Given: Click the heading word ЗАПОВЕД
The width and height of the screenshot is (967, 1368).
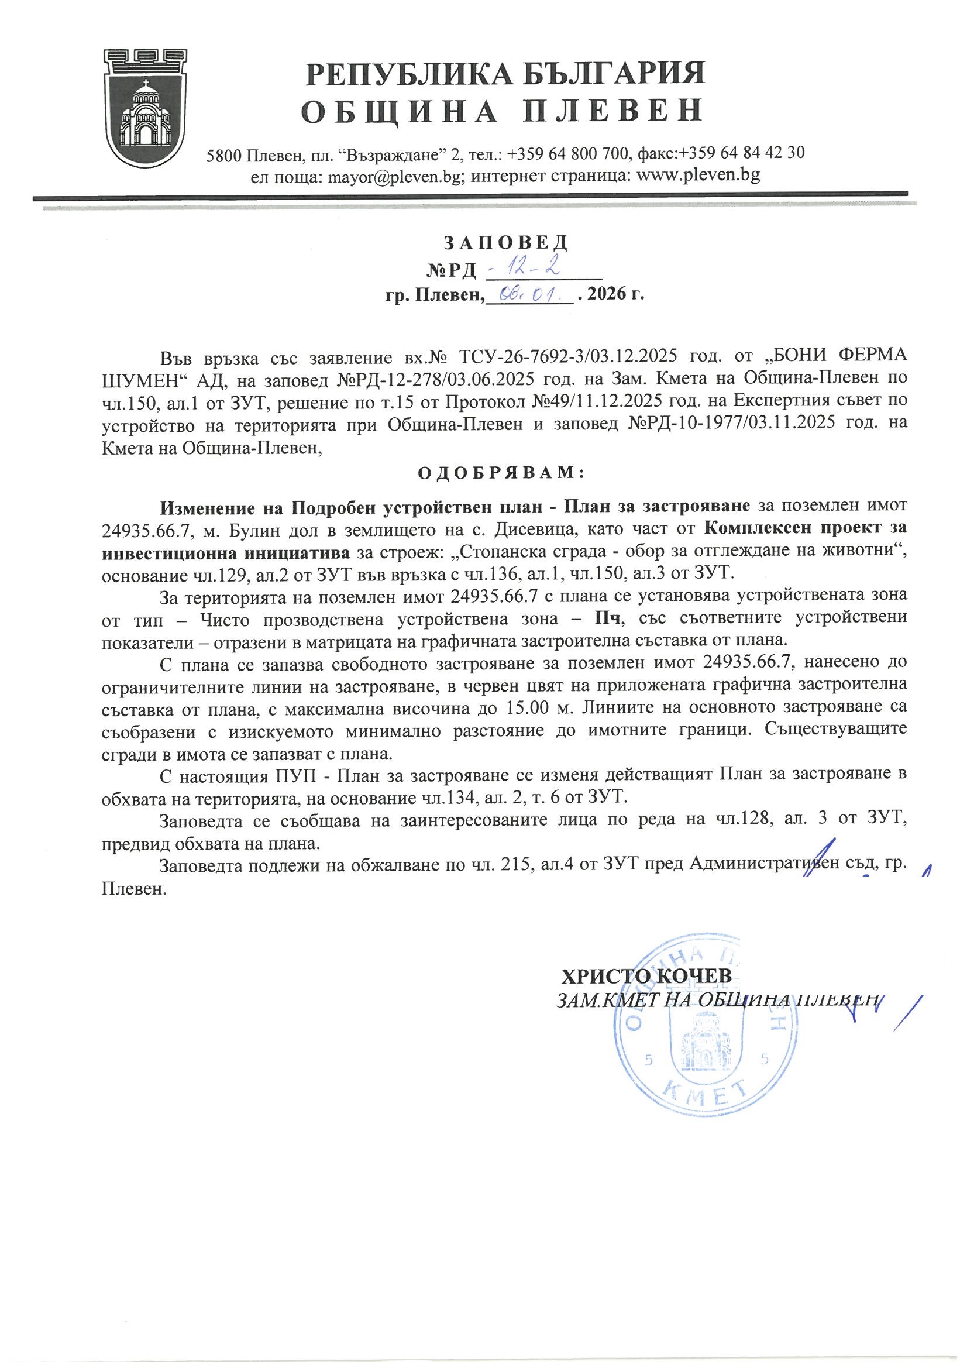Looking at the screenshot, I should (506, 242).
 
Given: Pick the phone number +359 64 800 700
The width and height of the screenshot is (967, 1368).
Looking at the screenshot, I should (571, 154).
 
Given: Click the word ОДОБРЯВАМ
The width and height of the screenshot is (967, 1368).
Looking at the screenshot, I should (501, 473).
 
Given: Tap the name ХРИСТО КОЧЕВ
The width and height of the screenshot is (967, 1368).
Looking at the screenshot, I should (647, 976).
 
